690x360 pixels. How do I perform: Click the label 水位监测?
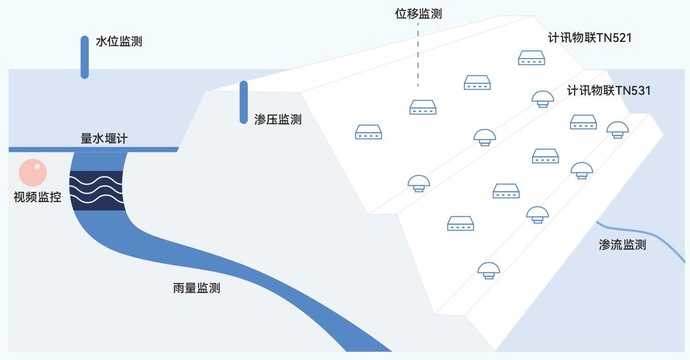(x=118, y=41)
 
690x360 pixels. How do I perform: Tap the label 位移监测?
(x=418, y=14)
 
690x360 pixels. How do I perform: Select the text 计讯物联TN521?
(x=590, y=38)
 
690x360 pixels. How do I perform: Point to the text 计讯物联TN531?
(x=609, y=90)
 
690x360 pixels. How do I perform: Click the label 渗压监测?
(x=278, y=119)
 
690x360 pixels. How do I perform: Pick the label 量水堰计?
(x=104, y=139)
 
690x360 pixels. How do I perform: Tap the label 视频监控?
(x=38, y=197)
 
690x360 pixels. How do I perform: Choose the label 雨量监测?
(x=197, y=288)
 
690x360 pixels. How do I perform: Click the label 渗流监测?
(x=622, y=245)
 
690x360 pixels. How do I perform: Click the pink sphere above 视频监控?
(x=32, y=172)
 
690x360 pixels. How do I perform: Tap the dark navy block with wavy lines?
(x=97, y=190)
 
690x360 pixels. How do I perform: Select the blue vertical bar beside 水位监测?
(x=85, y=57)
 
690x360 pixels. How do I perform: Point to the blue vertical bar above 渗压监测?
(x=244, y=102)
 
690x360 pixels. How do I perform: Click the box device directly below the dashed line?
(x=423, y=107)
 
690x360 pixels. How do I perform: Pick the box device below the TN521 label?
(x=531, y=58)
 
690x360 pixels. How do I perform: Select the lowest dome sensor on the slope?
(x=489, y=270)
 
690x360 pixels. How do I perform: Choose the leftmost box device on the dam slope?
(x=368, y=132)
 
